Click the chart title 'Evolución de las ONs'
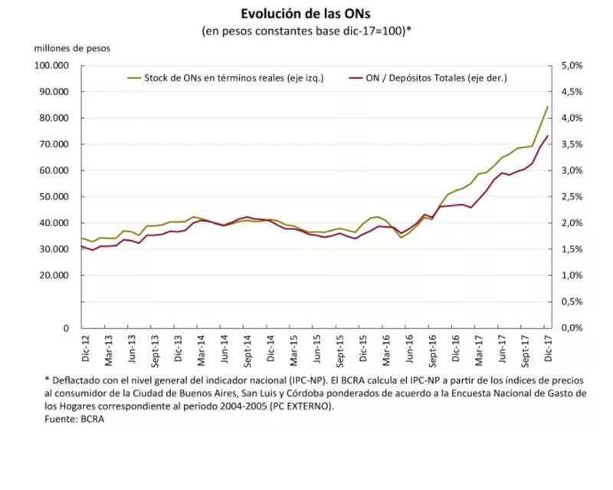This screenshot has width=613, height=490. [x=306, y=15]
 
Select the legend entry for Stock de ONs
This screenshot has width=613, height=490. [x=223, y=77]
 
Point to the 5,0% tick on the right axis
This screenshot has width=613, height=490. [x=573, y=66]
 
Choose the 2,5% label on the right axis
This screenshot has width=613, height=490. [x=573, y=197]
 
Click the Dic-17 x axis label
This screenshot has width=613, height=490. [x=548, y=343]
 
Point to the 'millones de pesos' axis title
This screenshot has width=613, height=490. [x=71, y=48]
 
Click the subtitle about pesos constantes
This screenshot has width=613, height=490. [x=306, y=31]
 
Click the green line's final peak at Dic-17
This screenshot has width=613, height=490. [x=547, y=107]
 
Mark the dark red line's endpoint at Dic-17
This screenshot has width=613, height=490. [x=547, y=136]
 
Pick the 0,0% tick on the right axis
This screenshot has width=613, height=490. [x=573, y=327]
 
